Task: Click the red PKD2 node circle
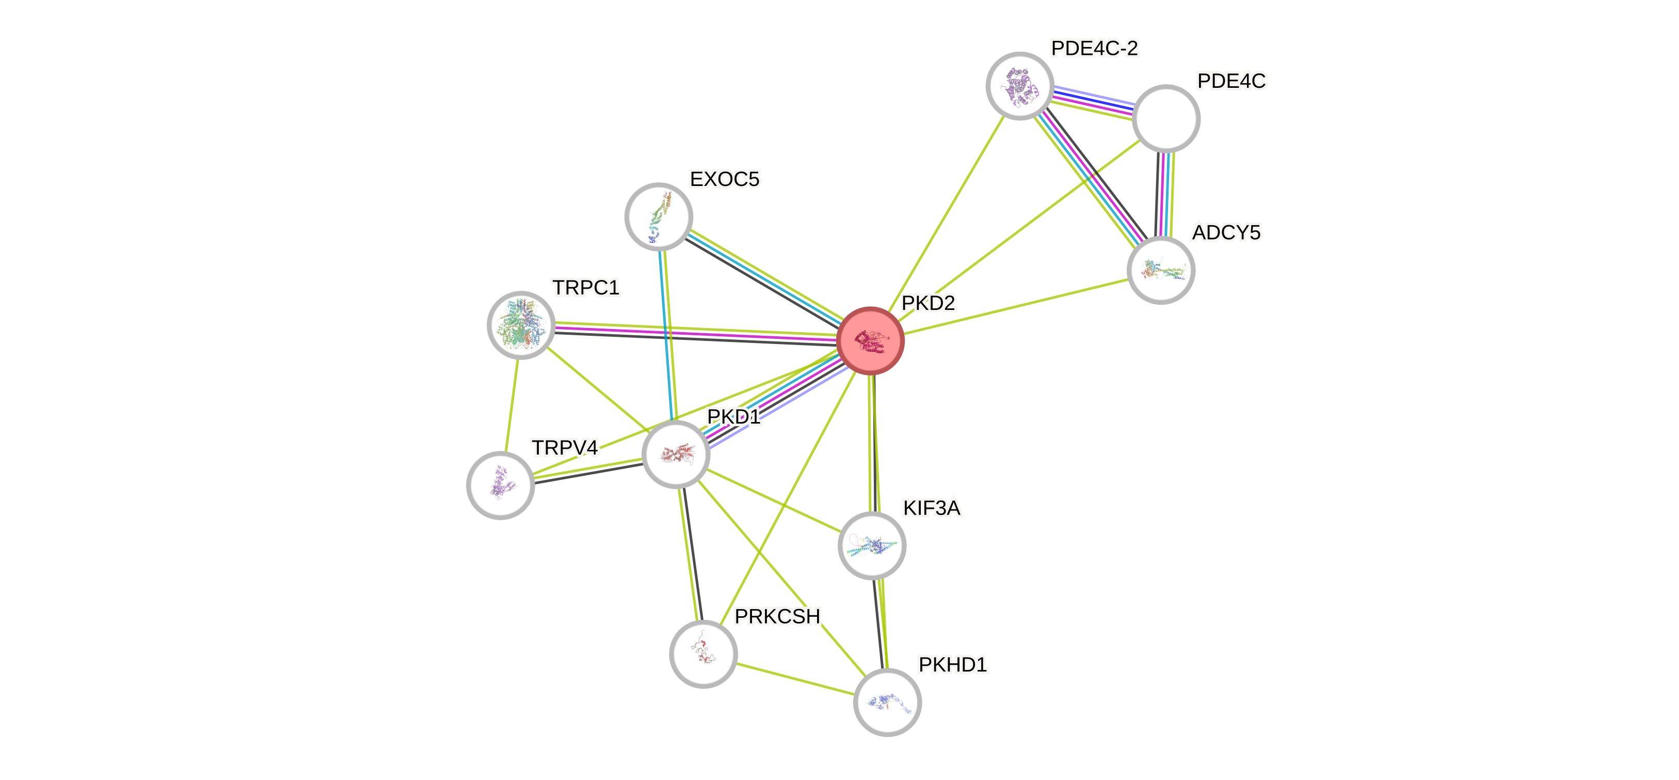pos(870,340)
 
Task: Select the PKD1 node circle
pos(676,454)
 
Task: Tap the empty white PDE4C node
pos(1166,118)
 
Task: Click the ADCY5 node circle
pos(1161,270)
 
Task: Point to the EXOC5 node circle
pos(658,216)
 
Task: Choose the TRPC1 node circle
pos(521,325)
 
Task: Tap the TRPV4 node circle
pos(501,485)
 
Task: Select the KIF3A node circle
pos(871,545)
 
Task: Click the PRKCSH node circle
pos(703,653)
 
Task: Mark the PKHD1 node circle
pos(887,701)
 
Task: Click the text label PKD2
pos(928,303)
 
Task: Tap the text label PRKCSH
pos(777,616)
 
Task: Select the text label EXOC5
pos(724,179)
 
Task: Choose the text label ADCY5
pos(1226,232)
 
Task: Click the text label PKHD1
pos(952,665)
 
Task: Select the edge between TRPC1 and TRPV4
pos(511,405)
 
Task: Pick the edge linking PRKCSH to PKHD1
pos(795,678)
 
